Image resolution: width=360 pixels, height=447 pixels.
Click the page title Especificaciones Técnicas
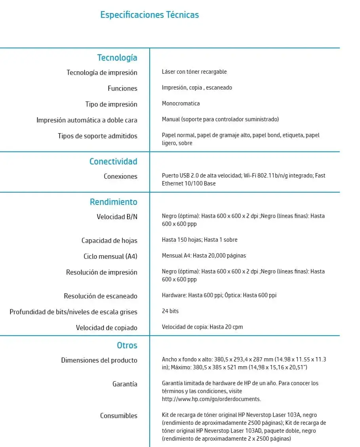coord(149,15)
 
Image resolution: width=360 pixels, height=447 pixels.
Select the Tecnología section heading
coord(117,58)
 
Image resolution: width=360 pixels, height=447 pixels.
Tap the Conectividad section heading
coord(113,162)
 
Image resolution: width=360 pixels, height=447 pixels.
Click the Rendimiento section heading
coord(113,202)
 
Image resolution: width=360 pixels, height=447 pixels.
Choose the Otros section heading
coord(127,346)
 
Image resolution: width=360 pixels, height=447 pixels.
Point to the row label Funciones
coord(122,88)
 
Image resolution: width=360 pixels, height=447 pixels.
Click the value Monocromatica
coord(181,103)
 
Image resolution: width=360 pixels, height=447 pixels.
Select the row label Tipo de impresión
coord(111,104)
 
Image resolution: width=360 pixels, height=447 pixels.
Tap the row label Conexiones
coord(120,176)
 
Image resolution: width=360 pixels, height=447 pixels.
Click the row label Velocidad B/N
coord(117,217)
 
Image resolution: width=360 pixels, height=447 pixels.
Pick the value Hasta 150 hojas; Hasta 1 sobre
coord(200,240)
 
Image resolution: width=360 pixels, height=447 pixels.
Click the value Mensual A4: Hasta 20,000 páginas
coord(204,256)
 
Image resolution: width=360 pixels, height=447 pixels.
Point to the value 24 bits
coord(170,311)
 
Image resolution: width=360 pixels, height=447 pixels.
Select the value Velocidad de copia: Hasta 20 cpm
coord(202,327)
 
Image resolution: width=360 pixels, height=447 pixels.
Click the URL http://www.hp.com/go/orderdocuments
coord(211,399)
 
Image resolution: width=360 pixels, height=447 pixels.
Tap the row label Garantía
coord(125,384)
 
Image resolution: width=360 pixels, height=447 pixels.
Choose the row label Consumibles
coord(118,416)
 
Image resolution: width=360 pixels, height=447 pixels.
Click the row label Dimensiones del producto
coord(99,360)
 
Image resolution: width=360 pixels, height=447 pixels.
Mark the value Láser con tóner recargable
coord(194,72)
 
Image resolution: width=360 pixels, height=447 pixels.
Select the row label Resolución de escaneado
coord(101,296)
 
